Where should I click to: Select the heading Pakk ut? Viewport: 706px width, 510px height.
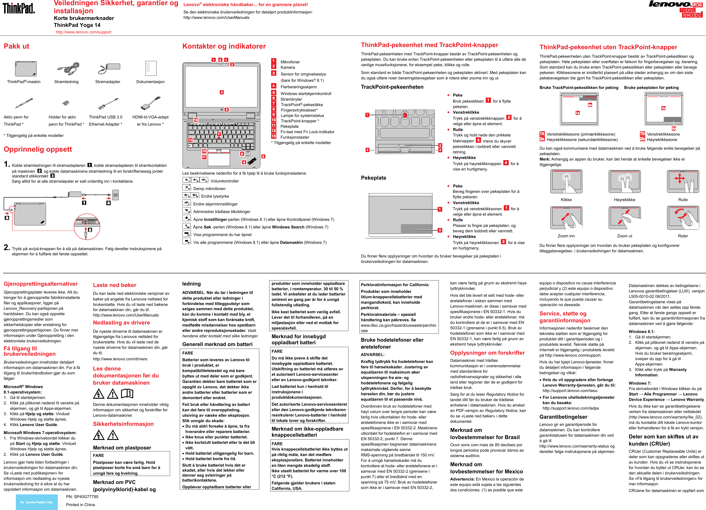[x=16, y=46]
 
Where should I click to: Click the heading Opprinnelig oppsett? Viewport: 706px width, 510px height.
[x=38, y=149]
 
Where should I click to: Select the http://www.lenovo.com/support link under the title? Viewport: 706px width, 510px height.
[x=83, y=32]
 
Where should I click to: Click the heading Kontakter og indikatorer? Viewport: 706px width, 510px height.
[x=224, y=46]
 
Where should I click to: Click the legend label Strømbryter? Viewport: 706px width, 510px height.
[x=291, y=99]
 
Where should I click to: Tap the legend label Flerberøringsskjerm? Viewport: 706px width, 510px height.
[x=298, y=87]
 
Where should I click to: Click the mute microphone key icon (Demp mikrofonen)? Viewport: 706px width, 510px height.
[x=186, y=187]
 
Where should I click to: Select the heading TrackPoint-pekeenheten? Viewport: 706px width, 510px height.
[x=392, y=87]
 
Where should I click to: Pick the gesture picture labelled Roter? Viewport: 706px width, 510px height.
[x=683, y=218]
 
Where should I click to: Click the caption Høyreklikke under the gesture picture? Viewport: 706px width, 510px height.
[x=624, y=200]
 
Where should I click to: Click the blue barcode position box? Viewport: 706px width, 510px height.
[x=36, y=502]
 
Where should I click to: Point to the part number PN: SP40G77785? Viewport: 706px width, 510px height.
[x=82, y=497]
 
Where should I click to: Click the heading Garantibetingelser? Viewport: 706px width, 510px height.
[x=563, y=417]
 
